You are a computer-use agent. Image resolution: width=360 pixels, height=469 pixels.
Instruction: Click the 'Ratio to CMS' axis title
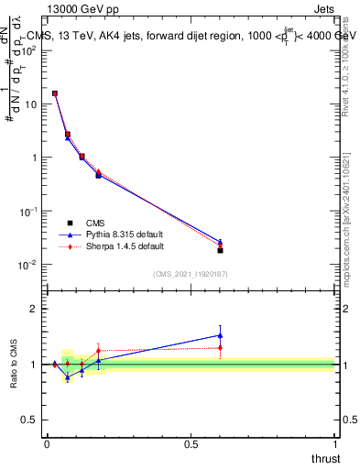14,364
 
